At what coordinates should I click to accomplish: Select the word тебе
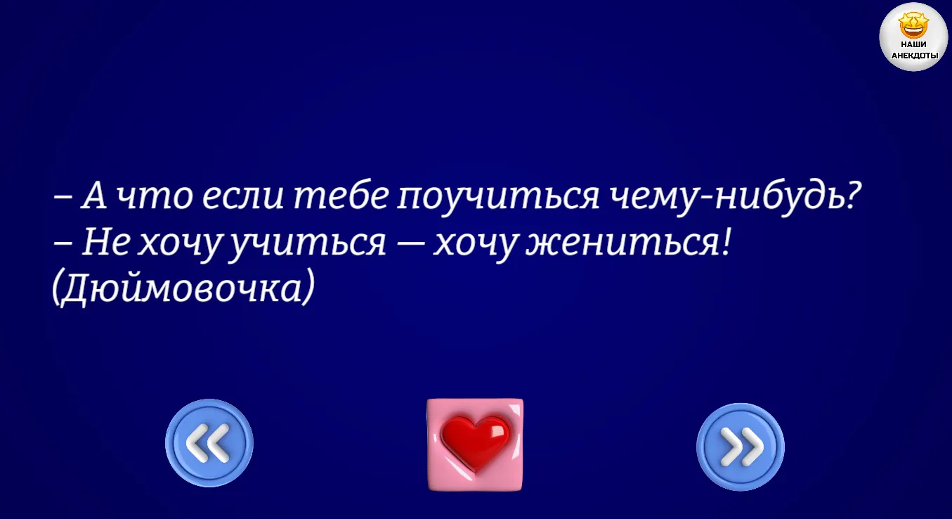click(341, 196)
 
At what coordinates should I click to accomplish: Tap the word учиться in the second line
click(307, 245)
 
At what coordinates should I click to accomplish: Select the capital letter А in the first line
click(94, 196)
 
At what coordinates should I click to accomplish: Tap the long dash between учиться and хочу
click(410, 245)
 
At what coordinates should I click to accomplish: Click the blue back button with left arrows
click(209, 443)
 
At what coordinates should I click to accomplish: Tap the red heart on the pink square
click(475, 443)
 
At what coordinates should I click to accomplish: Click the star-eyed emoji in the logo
click(914, 25)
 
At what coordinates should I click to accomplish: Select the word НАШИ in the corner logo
click(914, 45)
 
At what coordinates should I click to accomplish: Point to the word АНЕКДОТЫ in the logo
click(914, 56)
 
